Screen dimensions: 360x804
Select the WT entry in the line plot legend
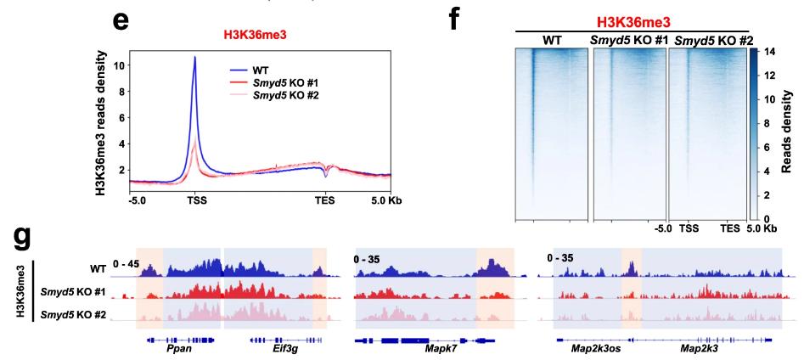click(261, 66)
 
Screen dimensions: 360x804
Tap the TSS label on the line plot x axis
click(196, 200)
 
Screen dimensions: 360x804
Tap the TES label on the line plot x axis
click(324, 200)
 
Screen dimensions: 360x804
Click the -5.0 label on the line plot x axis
click(138, 200)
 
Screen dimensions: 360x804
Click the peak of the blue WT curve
click(195, 57)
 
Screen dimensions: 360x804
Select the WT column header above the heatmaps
click(552, 40)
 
